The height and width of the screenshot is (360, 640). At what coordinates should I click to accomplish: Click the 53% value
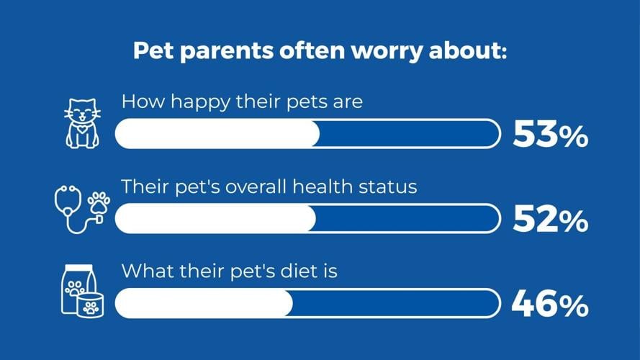550,135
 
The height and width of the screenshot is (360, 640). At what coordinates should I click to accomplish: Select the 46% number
550,305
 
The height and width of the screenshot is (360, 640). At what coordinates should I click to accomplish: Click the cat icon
82,124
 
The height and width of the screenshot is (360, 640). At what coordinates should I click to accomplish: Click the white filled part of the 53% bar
217,135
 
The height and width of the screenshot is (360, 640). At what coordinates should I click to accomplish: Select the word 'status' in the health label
392,187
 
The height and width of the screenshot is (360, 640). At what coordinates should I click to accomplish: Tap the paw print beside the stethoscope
99,202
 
